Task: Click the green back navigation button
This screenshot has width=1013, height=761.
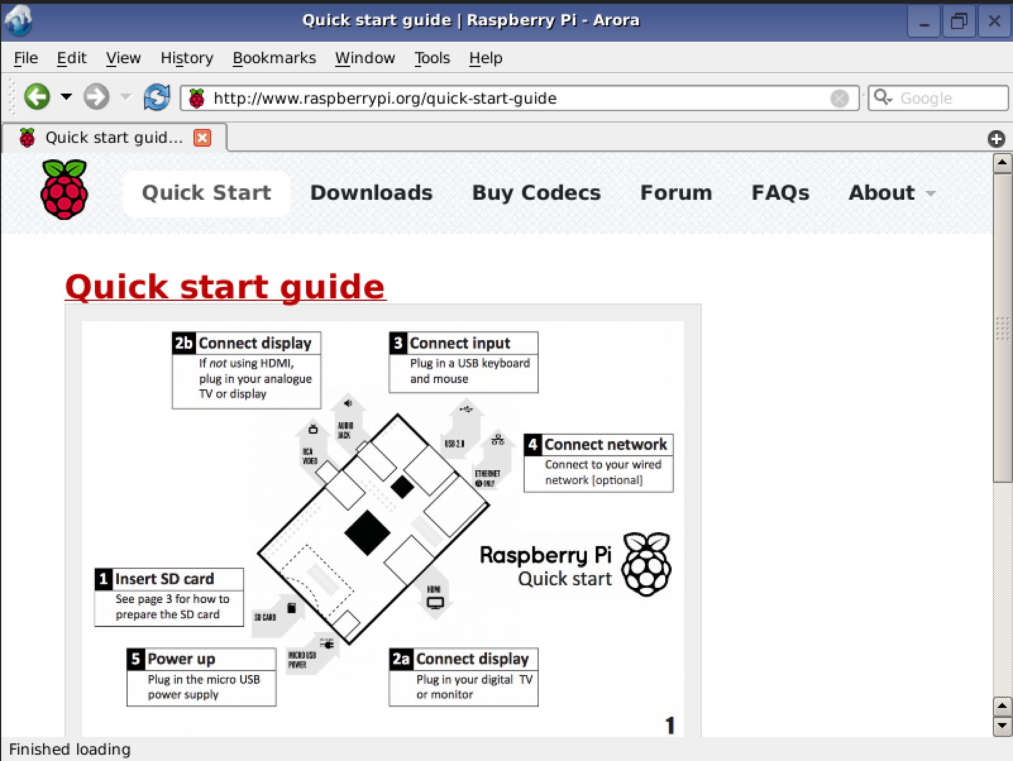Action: pyautogui.click(x=37, y=97)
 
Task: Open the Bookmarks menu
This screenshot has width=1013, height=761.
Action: pyautogui.click(x=274, y=58)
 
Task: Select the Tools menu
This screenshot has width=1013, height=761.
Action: pyautogui.click(x=432, y=58)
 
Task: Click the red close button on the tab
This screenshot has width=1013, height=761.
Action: pyautogui.click(x=202, y=138)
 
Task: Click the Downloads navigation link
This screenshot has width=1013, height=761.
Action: pyautogui.click(x=371, y=193)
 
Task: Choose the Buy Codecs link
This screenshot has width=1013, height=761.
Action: pyautogui.click(x=536, y=193)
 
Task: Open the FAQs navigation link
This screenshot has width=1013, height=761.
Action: pyautogui.click(x=780, y=193)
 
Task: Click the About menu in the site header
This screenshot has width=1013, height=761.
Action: pyautogui.click(x=881, y=193)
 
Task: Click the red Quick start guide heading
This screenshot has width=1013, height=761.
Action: pyautogui.click(x=225, y=287)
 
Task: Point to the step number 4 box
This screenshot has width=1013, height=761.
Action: pyautogui.click(x=532, y=445)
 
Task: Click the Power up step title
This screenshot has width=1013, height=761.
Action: pyautogui.click(x=181, y=659)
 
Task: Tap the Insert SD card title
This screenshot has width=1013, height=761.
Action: pyautogui.click(x=164, y=579)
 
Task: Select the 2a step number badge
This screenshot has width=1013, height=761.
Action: pyautogui.click(x=401, y=659)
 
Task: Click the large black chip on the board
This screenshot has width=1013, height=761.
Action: pyautogui.click(x=367, y=533)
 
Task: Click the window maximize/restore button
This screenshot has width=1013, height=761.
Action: pyautogui.click(x=959, y=21)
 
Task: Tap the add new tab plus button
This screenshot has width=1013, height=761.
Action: pyautogui.click(x=997, y=139)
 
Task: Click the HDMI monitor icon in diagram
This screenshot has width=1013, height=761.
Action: pyautogui.click(x=435, y=602)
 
